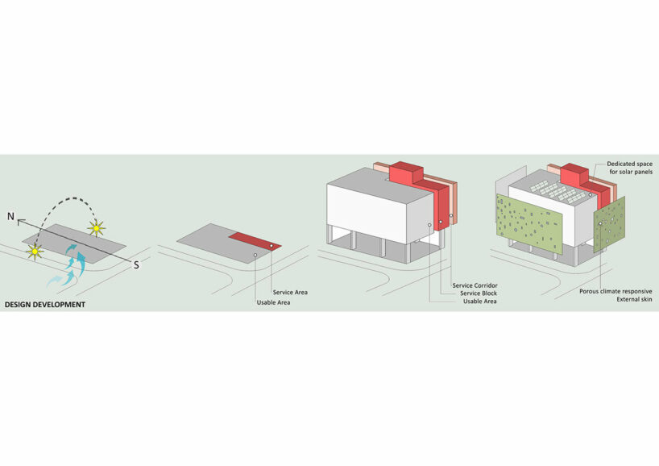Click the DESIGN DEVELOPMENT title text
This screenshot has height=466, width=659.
[45, 305]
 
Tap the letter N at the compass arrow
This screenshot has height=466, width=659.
[11, 217]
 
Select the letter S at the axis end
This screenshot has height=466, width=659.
[136, 265]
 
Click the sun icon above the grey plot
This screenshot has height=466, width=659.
[96, 228]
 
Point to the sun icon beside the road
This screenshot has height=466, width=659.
[35, 252]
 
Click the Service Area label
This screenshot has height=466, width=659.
[290, 293]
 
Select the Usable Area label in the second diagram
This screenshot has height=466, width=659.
[273, 302]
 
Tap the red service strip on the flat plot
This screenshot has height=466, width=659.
[255, 241]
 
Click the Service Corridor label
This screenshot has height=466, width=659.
[475, 285]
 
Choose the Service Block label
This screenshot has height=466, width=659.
[479, 293]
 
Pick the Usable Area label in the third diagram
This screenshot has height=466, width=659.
[479, 302]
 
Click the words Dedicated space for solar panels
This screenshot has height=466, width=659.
[629, 168]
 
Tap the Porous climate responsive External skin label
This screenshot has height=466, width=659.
[615, 295]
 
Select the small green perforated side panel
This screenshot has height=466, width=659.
[609, 224]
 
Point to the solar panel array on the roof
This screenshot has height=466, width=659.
[557, 192]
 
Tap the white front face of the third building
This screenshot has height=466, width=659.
[367, 214]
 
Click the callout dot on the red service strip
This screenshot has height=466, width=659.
[271, 246]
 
